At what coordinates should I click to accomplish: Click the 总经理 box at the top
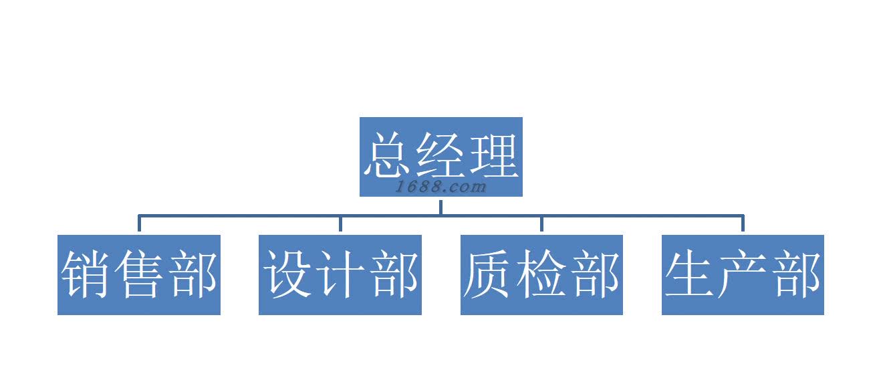[x=440, y=157]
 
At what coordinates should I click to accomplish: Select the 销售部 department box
[x=139, y=274]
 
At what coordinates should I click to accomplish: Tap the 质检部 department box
[x=541, y=274]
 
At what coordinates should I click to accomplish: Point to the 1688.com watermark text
[x=440, y=187]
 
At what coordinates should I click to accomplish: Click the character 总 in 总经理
[x=389, y=155]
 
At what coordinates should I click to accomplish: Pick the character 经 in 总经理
[x=441, y=155]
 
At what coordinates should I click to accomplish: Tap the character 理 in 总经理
[x=493, y=155]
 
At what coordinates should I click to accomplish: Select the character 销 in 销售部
[x=87, y=274]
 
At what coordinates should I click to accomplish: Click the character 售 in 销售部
[x=139, y=274]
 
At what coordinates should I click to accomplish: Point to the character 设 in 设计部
[x=289, y=274]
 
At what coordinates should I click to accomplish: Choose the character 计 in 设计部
[x=341, y=274]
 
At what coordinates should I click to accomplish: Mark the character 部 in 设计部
[x=394, y=274]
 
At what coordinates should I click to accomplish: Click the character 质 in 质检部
[x=490, y=274]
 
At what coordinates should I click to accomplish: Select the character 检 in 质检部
[x=542, y=274]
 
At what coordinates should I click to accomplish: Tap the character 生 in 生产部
[x=691, y=274]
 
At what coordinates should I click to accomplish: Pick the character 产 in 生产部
[x=743, y=274]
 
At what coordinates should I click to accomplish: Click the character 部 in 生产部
[x=796, y=274]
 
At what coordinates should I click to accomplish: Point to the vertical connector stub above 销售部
[x=139, y=223]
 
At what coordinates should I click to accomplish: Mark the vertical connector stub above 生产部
[x=743, y=223]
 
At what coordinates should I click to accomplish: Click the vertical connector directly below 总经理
[x=440, y=206]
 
